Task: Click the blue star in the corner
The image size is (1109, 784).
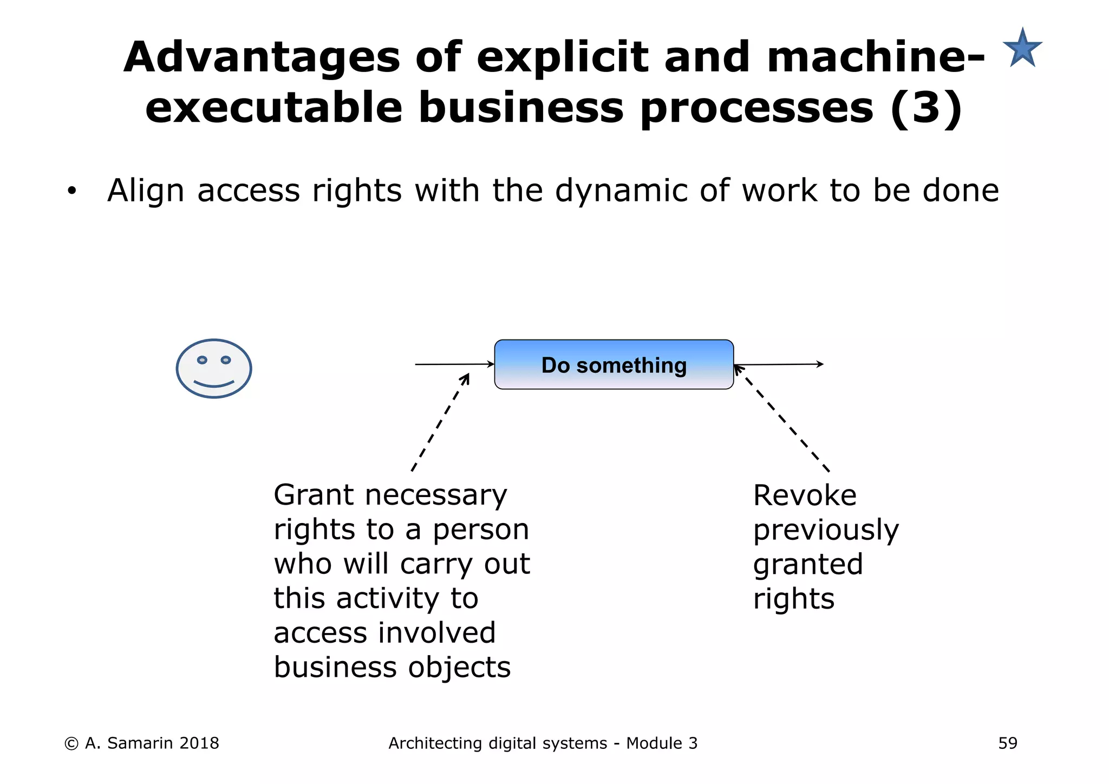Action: tap(1022, 49)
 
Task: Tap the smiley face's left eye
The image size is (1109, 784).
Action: tap(202, 360)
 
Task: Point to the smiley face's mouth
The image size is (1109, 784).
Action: tap(214, 384)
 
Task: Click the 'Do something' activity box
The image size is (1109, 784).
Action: tap(614, 364)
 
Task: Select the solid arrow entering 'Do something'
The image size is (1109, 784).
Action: tap(454, 364)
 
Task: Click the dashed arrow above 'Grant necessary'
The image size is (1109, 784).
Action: tap(440, 422)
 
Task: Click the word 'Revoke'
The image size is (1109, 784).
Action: tap(805, 495)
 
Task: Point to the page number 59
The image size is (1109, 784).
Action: tap(1008, 743)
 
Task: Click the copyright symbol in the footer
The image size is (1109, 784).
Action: tap(71, 744)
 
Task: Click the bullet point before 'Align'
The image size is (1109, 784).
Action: tap(71, 191)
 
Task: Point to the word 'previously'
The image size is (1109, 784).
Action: tap(826, 530)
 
